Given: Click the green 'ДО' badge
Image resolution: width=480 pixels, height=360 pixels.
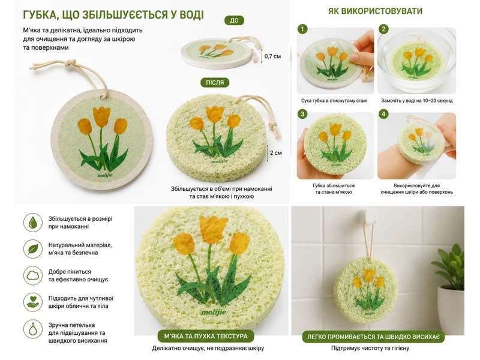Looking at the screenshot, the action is point(234,20).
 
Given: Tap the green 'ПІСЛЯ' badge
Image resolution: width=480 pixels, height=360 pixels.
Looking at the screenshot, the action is point(215,82).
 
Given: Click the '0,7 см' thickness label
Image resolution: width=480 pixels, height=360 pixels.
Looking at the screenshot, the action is point(272,56).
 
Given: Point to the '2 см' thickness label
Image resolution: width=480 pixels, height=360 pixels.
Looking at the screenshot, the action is point(275,153).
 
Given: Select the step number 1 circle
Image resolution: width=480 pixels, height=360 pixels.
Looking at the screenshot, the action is point(302,29).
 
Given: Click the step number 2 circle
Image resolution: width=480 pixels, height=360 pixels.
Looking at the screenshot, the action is point(383,29).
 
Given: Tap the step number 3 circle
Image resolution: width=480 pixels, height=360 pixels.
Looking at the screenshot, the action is point(302,114).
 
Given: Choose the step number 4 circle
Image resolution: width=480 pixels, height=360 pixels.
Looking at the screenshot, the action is point(383,114).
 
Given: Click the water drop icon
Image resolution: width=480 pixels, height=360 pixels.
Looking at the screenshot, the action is point(33,223).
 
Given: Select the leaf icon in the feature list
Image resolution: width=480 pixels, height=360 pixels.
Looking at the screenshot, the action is point(33,249).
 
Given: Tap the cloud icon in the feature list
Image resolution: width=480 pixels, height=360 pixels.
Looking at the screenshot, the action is point(33,275).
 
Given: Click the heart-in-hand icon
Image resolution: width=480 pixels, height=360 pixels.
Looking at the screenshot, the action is point(33,302).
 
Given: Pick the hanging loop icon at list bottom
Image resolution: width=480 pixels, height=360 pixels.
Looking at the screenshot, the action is point(33,329).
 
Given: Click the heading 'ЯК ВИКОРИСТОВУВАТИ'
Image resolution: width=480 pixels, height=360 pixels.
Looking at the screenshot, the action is point(376,11).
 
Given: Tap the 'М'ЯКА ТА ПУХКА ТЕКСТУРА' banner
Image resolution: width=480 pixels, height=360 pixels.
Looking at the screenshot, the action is point(206,336).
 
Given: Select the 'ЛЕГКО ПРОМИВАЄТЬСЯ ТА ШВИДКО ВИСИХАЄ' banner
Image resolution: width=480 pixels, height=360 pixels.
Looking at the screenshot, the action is point(373,337).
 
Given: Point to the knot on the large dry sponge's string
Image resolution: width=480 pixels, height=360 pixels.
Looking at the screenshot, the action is point(70,63).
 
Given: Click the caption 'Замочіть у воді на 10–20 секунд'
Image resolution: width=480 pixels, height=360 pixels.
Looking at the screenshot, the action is point(416,100).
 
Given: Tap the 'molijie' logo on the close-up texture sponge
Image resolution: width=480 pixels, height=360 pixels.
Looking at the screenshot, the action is point(214,312).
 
